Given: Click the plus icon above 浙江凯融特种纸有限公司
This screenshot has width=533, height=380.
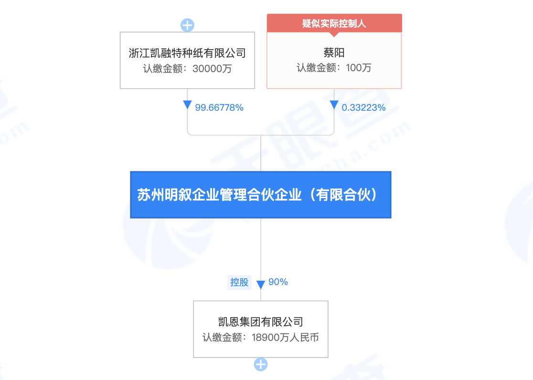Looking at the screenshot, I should [187, 25].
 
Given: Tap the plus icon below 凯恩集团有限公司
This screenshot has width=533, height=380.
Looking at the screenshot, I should [261, 365].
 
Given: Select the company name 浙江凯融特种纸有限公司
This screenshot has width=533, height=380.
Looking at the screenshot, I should [187, 53].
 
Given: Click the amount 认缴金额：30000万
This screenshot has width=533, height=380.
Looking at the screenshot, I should [187, 68].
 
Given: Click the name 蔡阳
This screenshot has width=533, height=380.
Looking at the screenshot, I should [334, 53].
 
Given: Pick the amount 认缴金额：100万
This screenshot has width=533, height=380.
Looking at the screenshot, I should [334, 68].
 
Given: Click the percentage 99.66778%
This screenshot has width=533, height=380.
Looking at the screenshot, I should [219, 108].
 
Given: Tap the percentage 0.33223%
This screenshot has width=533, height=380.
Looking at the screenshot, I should [363, 108].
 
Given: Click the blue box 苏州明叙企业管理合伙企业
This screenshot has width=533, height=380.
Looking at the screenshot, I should [260, 195].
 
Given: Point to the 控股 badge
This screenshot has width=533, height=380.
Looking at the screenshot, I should [239, 282].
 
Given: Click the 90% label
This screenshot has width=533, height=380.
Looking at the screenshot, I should [278, 282].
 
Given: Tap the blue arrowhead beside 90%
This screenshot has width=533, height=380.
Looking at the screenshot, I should [261, 285].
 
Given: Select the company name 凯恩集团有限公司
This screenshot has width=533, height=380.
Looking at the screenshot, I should [261, 322].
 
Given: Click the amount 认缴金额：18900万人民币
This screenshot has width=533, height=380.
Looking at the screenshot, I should [261, 338].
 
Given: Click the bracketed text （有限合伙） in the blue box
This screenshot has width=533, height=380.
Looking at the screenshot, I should [343, 195].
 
